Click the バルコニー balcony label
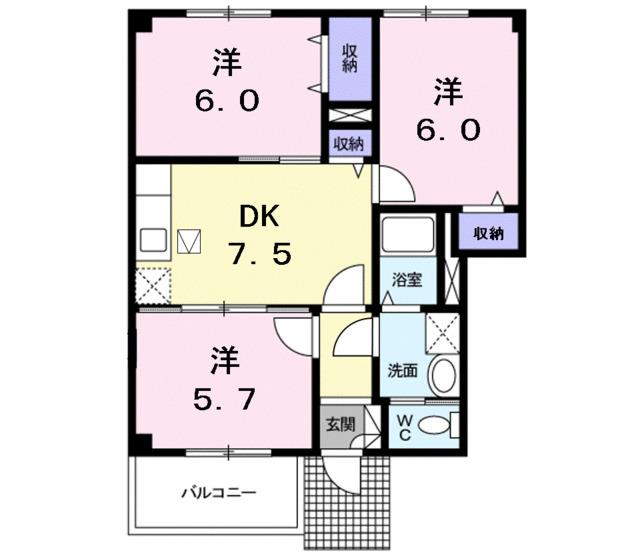[x=219, y=493]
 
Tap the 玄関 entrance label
[x=336, y=423]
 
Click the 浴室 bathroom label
[x=405, y=279]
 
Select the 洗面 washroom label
[x=403, y=370]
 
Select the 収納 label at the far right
[x=488, y=233]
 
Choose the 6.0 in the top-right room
[x=449, y=129]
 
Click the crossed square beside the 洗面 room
[x=440, y=329]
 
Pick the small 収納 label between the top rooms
[x=349, y=144]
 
